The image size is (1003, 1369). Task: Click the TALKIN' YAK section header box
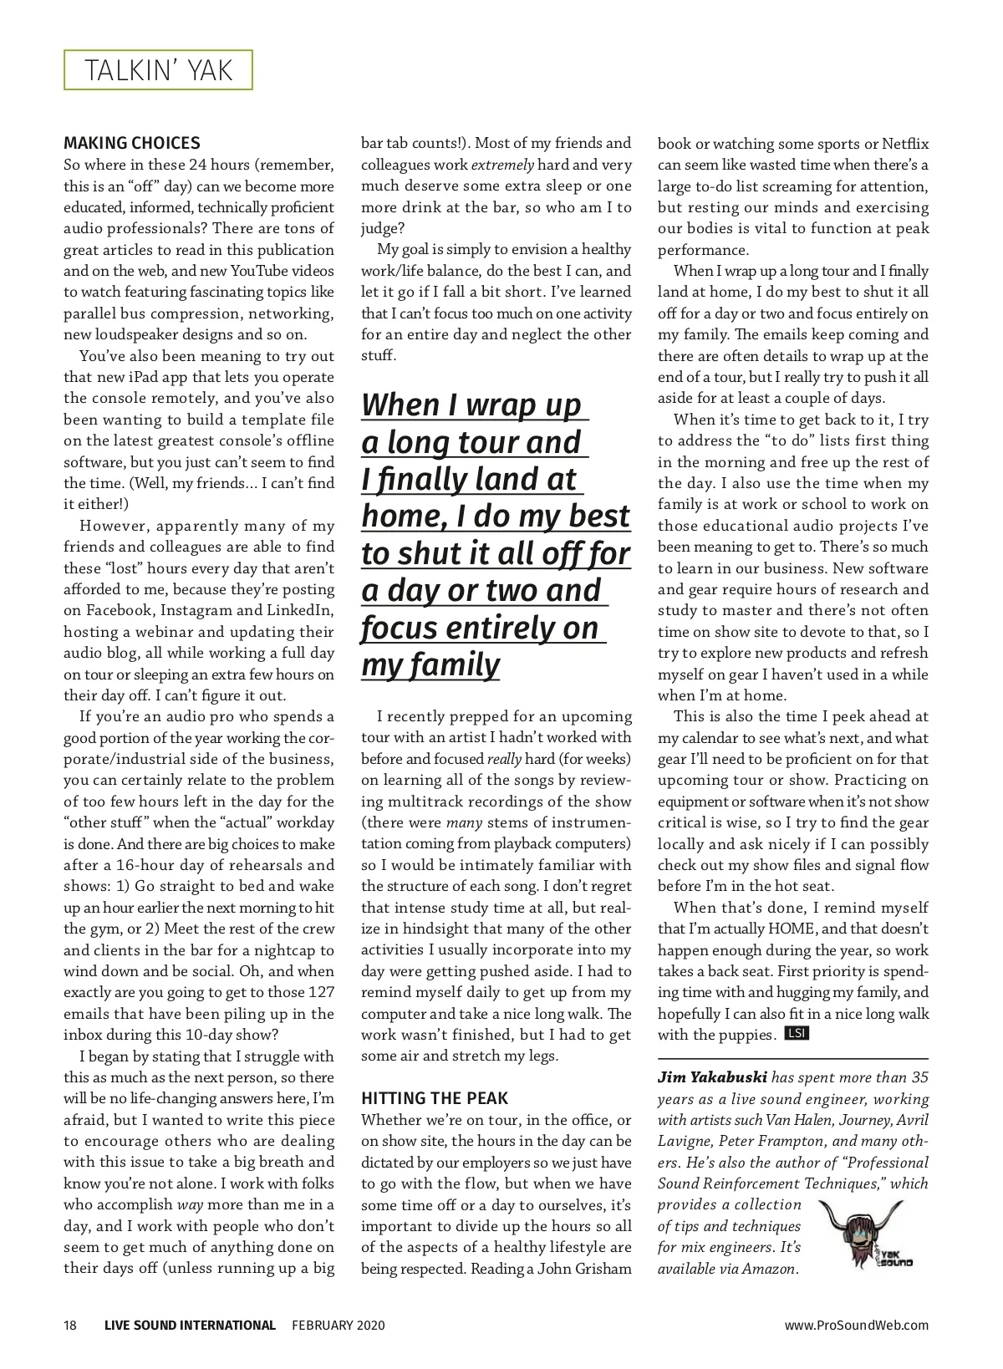click(x=158, y=70)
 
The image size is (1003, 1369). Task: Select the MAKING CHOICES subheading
click(x=132, y=143)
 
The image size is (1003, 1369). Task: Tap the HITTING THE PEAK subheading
click(x=435, y=1098)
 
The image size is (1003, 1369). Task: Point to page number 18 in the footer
click(x=70, y=1325)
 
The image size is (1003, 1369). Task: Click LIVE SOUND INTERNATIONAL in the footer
click(x=190, y=1325)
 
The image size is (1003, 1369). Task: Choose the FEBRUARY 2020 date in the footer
click(x=339, y=1325)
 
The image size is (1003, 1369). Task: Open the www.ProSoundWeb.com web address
click(x=856, y=1325)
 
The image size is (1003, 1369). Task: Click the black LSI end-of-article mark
click(x=797, y=1034)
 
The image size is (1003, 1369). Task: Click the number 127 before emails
click(x=319, y=992)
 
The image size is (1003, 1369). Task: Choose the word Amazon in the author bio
click(x=769, y=1269)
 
